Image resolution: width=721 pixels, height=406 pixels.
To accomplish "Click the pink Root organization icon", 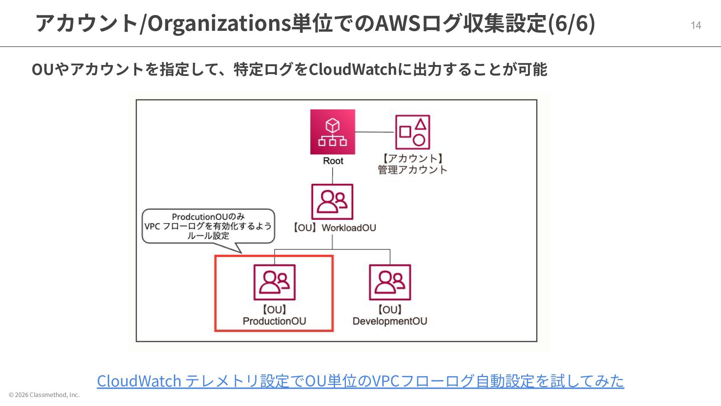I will (x=332, y=132).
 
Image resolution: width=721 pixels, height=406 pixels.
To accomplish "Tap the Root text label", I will (x=333, y=161).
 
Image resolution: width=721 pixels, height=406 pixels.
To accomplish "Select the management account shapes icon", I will (x=412, y=132).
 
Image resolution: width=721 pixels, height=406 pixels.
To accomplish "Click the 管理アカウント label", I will (x=412, y=170).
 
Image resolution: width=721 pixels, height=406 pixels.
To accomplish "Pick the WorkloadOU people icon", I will (x=332, y=202).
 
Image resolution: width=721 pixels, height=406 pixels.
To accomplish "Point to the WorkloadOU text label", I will (x=348, y=228).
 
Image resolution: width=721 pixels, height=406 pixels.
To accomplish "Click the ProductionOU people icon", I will (x=275, y=282).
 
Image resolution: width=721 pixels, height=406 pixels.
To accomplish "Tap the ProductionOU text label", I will (x=275, y=321).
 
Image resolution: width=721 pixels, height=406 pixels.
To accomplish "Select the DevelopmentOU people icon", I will (x=390, y=282).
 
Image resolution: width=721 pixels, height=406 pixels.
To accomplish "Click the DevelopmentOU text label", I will (x=390, y=321).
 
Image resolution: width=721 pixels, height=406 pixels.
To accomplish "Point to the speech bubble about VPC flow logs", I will (x=208, y=226).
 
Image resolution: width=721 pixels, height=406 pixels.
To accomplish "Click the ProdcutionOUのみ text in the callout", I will (x=208, y=217).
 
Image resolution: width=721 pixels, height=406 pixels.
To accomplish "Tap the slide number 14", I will (x=696, y=25).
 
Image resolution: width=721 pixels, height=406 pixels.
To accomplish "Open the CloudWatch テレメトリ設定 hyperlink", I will (x=360, y=381).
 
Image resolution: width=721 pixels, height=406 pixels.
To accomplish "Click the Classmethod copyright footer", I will (x=44, y=395).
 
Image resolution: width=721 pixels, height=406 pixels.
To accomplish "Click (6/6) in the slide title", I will (x=572, y=23).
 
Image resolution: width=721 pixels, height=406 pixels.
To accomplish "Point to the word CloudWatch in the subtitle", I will (x=353, y=70).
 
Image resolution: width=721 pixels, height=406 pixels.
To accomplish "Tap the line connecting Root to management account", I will (x=374, y=132).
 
